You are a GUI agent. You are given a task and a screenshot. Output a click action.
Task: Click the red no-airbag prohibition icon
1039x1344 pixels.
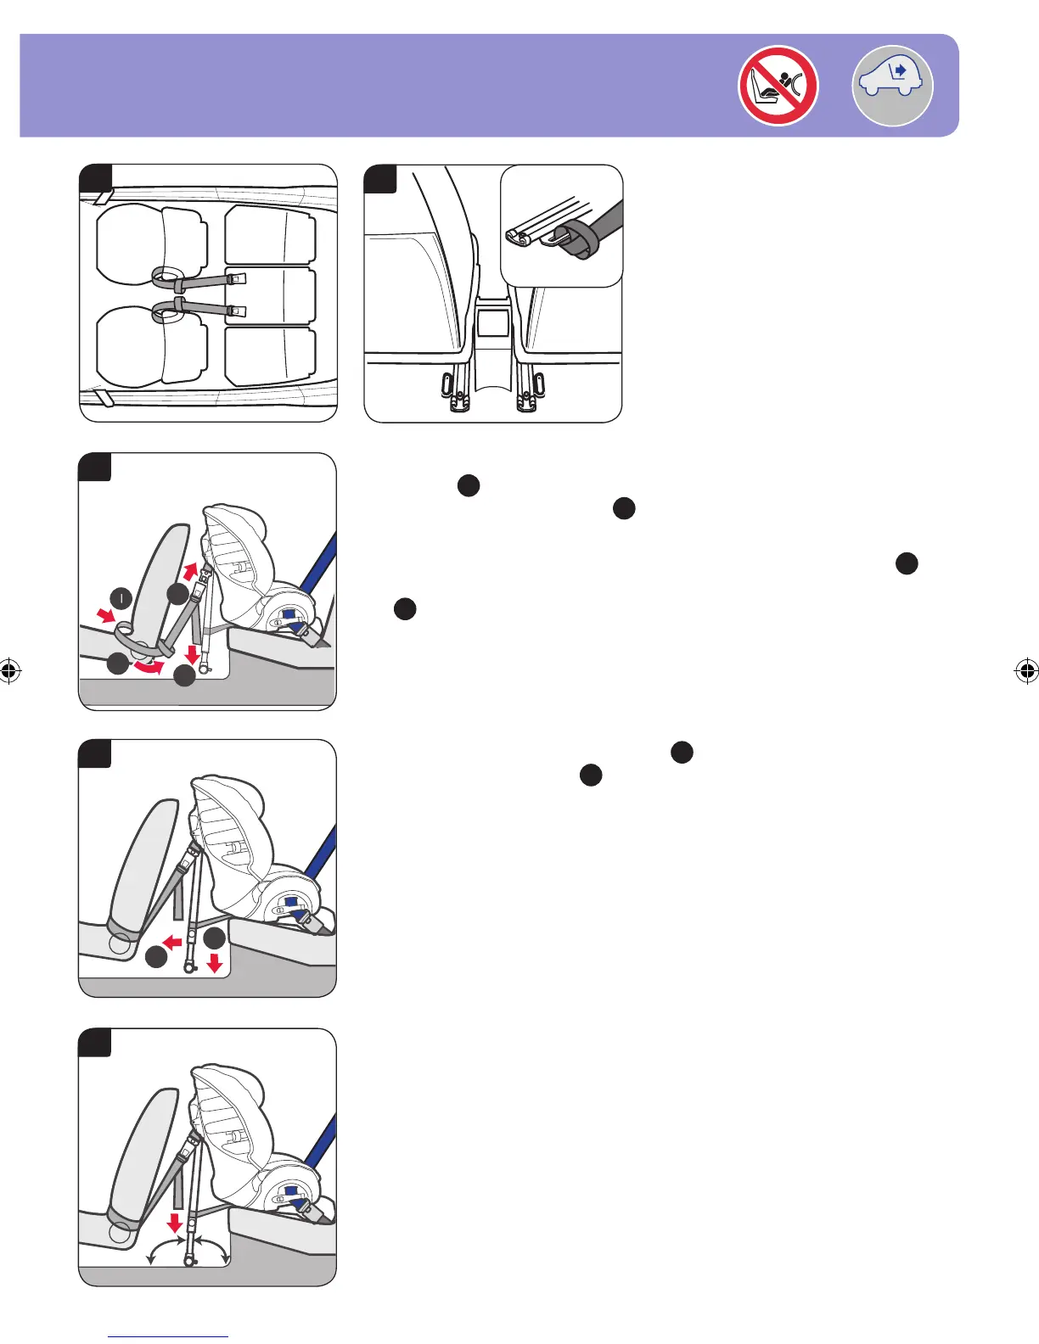click(x=778, y=86)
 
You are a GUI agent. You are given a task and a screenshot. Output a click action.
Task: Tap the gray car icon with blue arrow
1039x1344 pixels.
click(x=892, y=86)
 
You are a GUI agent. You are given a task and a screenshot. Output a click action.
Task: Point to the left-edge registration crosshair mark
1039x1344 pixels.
click(x=9, y=672)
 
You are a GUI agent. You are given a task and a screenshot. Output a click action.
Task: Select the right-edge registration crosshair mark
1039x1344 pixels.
click(x=1026, y=671)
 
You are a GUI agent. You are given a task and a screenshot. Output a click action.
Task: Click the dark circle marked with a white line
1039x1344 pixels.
click(x=122, y=598)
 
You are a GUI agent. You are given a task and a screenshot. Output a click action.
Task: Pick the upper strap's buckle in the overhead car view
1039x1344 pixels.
click(x=237, y=277)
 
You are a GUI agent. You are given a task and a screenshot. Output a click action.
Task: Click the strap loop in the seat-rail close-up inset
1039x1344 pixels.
click(x=572, y=242)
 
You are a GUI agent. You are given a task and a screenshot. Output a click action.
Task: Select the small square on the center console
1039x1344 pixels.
click(x=493, y=322)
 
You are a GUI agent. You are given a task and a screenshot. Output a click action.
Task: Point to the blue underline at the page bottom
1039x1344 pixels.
click(x=168, y=1337)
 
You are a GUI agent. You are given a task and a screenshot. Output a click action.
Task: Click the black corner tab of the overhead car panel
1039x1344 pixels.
click(x=95, y=177)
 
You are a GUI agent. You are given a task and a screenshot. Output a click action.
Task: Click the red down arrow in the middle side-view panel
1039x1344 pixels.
click(x=215, y=963)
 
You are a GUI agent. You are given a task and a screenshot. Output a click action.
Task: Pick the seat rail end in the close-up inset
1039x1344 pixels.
click(x=519, y=237)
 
